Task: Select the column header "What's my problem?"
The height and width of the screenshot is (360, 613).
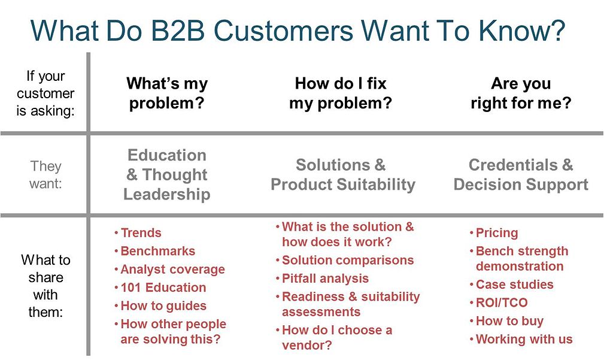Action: pyautogui.click(x=167, y=93)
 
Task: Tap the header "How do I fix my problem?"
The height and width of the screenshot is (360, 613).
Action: pyautogui.click(x=340, y=93)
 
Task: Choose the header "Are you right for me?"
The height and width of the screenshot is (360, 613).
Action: pyautogui.click(x=521, y=93)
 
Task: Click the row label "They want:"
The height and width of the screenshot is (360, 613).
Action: pyautogui.click(x=46, y=174)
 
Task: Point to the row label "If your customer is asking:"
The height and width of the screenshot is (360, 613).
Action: pyautogui.click(x=45, y=93)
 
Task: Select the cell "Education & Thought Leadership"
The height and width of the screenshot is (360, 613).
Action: pyautogui.click(x=167, y=175)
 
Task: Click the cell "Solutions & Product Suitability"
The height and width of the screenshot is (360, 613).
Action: pyautogui.click(x=342, y=175)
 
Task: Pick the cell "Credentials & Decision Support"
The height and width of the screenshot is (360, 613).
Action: pyautogui.click(x=521, y=175)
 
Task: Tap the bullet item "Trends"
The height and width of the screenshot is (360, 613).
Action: pyautogui.click(x=141, y=233)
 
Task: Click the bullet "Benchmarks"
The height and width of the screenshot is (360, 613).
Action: pyautogui.click(x=157, y=251)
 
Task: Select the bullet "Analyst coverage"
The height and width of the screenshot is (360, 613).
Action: pyautogui.click(x=172, y=270)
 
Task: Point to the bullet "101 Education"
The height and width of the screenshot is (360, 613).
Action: pyautogui.click(x=163, y=288)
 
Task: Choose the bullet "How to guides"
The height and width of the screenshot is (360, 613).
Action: pyautogui.click(x=163, y=306)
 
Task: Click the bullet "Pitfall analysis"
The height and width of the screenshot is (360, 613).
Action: pyautogui.click(x=325, y=279)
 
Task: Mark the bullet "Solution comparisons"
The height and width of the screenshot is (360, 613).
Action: pyautogui.click(x=347, y=261)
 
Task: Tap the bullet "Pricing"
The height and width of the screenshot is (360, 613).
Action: pyautogui.click(x=496, y=233)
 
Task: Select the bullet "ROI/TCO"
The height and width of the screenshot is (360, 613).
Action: pyautogui.click(x=501, y=302)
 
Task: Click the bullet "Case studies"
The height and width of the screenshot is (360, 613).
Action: pyautogui.click(x=514, y=285)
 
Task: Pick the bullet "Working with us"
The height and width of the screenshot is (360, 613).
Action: pyautogui.click(x=524, y=340)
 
